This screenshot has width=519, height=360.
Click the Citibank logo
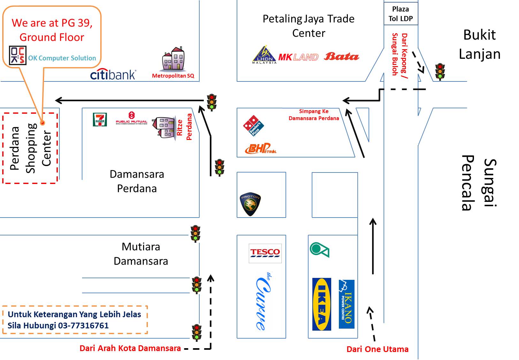click(x=113, y=74)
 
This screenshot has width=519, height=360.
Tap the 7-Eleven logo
click(x=100, y=120)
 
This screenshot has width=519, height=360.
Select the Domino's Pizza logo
click(x=254, y=126)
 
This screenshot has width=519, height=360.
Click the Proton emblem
click(x=250, y=204)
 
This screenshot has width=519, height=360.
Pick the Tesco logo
click(x=265, y=253)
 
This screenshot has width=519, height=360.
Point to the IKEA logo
click(x=322, y=304)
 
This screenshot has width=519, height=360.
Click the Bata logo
click(x=341, y=57)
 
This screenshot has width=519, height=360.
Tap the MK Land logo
click(x=298, y=57)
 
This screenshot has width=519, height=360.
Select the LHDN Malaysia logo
click(x=264, y=55)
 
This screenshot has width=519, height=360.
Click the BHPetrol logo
click(x=260, y=149)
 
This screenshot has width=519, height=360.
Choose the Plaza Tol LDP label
click(x=401, y=14)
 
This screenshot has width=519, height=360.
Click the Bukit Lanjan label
click(x=479, y=44)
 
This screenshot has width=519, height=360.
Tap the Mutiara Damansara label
click(x=141, y=254)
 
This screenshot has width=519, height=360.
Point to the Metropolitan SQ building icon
click(x=173, y=59)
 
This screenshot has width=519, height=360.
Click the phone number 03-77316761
click(x=83, y=326)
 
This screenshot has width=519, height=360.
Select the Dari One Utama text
click(x=377, y=349)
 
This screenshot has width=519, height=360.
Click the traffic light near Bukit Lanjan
click(x=440, y=72)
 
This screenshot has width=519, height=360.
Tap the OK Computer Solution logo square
click(x=18, y=55)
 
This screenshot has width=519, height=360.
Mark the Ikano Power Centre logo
click(x=347, y=304)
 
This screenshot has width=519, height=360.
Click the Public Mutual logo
click(x=131, y=118)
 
